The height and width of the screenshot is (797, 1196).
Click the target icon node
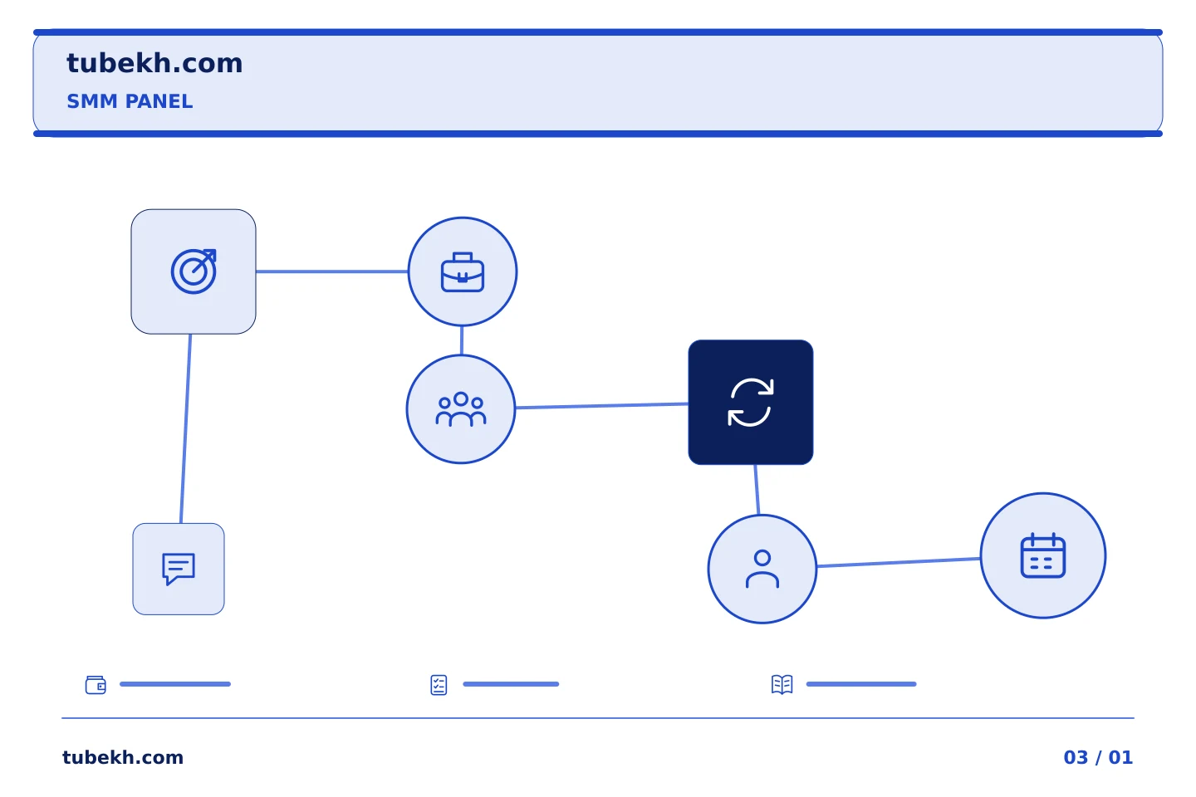(194, 271)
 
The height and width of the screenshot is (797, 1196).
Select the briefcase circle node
(463, 271)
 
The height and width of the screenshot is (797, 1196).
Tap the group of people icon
(461, 409)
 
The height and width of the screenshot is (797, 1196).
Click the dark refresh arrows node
(751, 403)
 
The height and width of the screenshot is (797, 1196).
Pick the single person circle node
(762, 569)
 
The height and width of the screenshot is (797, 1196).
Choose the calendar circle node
(1043, 555)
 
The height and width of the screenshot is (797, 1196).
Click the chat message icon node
(179, 569)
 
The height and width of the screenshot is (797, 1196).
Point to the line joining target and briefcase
(332, 271)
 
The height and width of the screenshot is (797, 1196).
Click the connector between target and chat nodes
(186, 428)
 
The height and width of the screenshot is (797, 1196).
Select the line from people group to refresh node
(601, 406)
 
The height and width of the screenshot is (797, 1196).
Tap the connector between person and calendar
(899, 562)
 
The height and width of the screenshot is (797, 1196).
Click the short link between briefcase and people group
(462, 340)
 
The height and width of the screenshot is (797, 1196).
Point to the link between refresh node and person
(757, 490)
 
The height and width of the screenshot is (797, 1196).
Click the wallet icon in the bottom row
(96, 684)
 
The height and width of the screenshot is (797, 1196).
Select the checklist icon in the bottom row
(439, 685)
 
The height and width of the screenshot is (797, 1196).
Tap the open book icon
(782, 684)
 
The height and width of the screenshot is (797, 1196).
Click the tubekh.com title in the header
(154, 63)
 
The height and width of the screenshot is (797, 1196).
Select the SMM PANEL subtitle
(130, 101)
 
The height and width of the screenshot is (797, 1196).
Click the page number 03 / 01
(1098, 757)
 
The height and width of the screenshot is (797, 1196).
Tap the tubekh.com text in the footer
(123, 757)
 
